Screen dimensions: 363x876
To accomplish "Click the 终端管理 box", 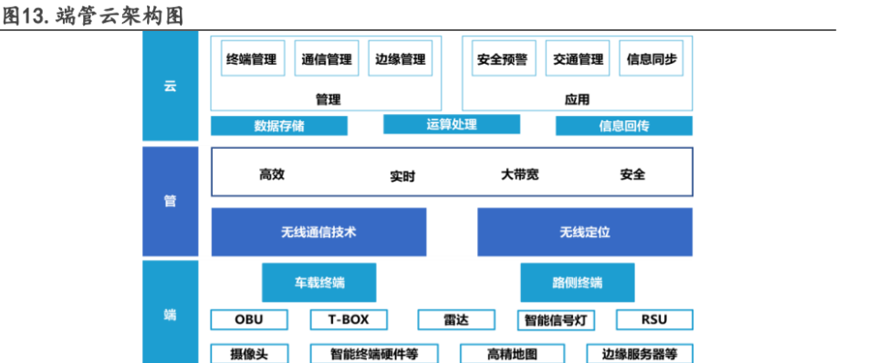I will pos(251,59).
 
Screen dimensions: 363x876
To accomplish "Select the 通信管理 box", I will pos(327,59).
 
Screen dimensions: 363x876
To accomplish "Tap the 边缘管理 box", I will pos(401,59).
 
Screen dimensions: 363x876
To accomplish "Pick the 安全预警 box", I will pos(503,59).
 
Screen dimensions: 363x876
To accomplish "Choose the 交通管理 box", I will pos(578,59).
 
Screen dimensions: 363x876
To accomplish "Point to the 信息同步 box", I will pos(652,59).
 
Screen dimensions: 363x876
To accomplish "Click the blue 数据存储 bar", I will pos(279,126).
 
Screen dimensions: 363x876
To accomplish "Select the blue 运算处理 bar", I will pos(452,124).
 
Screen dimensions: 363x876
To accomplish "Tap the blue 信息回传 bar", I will pos(624,126).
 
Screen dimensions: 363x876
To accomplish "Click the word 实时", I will pos(402,176).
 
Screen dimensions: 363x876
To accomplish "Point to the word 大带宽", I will pos(520,173).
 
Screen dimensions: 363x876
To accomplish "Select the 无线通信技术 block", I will pos(318,232).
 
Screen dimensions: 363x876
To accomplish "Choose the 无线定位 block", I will pos(585,232).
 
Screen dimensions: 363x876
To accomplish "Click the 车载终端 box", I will pos(319,282).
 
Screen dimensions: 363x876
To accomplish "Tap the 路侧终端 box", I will pos(578,282).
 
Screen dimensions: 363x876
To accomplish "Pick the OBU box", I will pos(249,319).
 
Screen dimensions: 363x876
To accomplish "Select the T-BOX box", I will pos(348,319).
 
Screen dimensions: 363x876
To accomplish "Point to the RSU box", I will pos(654,319).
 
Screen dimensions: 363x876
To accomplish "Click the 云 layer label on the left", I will pos(170,88).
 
